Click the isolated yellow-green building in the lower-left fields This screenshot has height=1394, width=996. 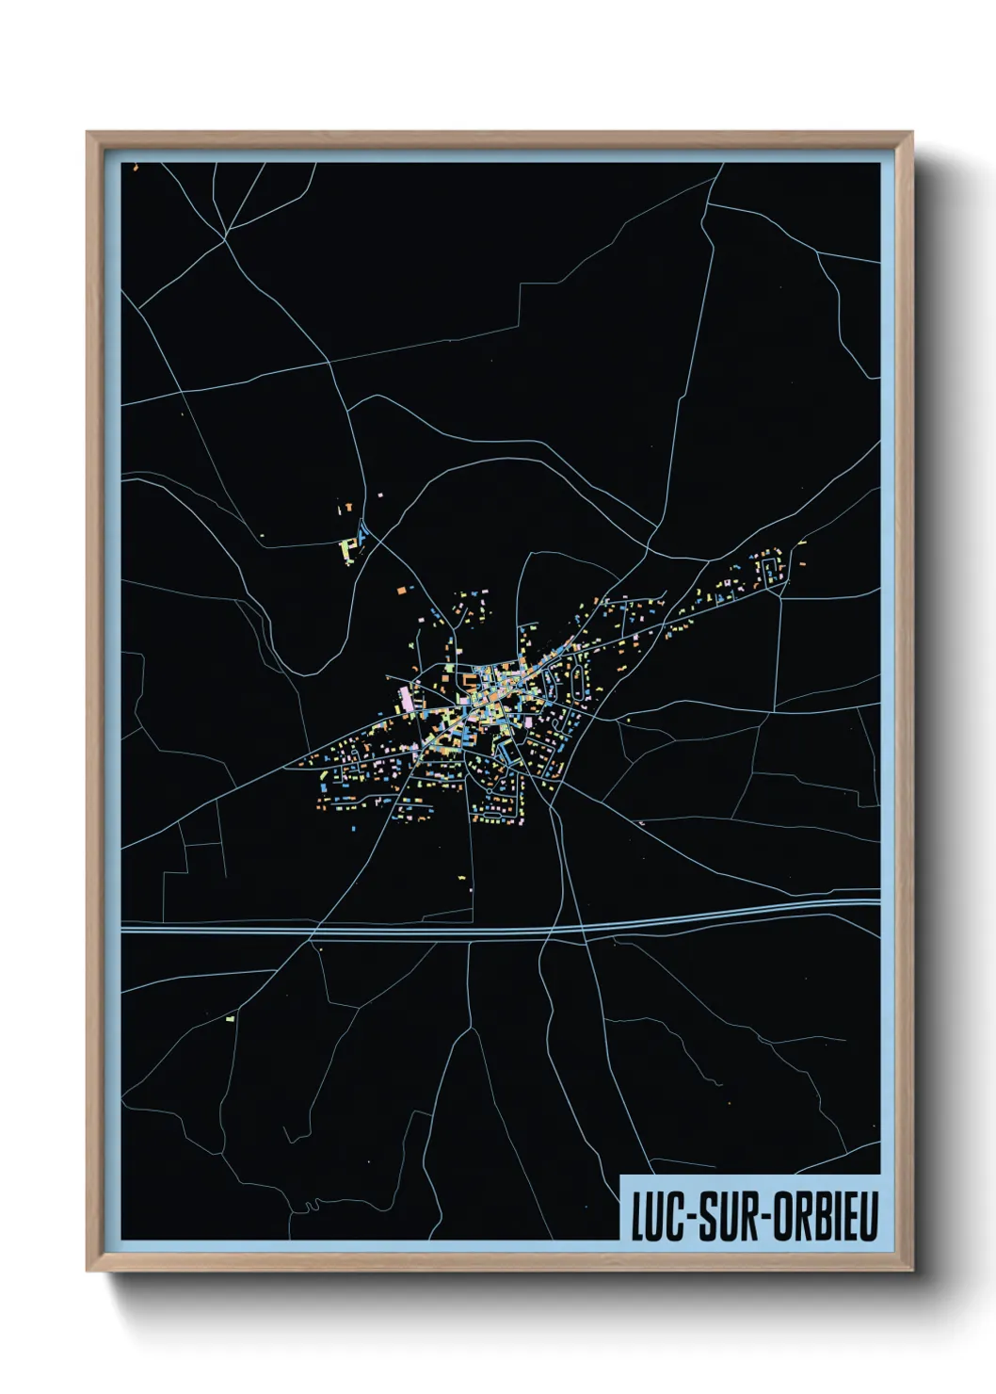tap(229, 1018)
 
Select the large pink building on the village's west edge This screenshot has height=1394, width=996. tap(407, 698)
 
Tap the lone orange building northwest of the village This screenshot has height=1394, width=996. tap(399, 589)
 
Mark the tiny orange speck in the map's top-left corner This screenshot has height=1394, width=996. tap(136, 168)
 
